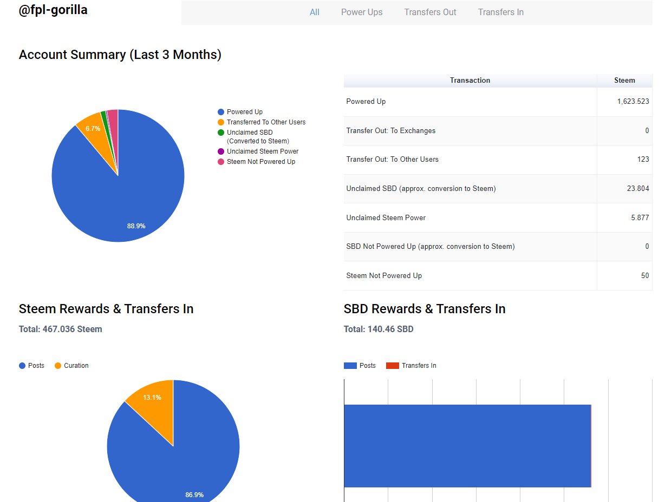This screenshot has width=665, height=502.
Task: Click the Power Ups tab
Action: (362, 12)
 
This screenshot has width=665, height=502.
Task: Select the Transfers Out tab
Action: (430, 12)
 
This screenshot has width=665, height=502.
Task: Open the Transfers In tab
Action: (500, 12)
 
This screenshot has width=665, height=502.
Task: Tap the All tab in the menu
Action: (315, 12)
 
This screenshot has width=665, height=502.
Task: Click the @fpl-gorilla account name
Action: (53, 10)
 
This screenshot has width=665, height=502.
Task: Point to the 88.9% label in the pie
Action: (136, 226)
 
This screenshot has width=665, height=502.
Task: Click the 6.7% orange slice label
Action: (93, 129)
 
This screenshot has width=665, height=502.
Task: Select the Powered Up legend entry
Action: (244, 112)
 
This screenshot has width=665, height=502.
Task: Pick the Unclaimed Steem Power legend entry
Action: (262, 151)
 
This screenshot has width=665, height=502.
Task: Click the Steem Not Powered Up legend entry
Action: (260, 162)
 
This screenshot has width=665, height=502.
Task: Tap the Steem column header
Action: (624, 80)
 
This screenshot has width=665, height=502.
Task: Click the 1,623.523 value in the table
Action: (633, 102)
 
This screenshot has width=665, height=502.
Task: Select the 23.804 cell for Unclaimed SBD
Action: (637, 189)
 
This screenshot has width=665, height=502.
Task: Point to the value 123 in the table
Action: (643, 160)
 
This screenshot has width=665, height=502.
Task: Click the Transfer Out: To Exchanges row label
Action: (390, 131)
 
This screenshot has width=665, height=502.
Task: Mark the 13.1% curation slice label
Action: (152, 398)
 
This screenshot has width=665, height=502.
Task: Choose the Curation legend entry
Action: (76, 366)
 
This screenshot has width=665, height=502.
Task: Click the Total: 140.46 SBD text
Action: (379, 329)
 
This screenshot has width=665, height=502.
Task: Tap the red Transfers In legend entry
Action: (418, 366)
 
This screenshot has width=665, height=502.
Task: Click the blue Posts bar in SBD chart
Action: (467, 446)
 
